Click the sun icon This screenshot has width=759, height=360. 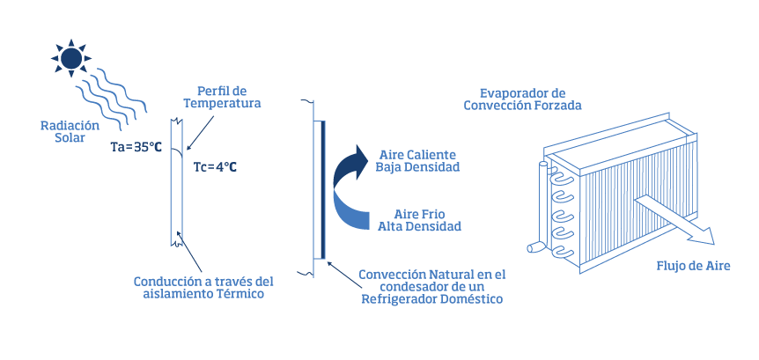(x=71, y=58)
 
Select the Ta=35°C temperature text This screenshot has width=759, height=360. (x=136, y=146)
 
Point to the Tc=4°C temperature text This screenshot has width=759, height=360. (x=214, y=166)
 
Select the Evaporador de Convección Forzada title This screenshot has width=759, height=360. (x=522, y=99)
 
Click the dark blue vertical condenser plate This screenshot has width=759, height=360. (x=323, y=189)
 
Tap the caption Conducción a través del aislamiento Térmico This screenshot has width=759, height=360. (x=203, y=288)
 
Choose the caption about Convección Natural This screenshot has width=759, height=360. (x=431, y=287)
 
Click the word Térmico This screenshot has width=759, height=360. (x=235, y=294)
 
